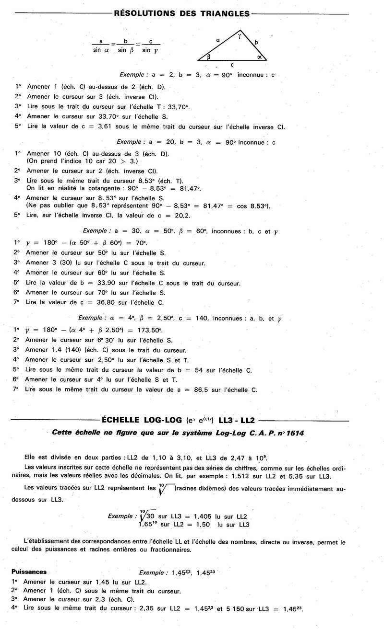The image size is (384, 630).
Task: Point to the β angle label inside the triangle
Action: click(209, 57)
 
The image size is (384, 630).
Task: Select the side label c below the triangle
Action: click(232, 64)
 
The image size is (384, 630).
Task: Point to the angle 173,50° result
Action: click(147, 330)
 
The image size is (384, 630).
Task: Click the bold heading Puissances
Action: click(29, 572)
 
